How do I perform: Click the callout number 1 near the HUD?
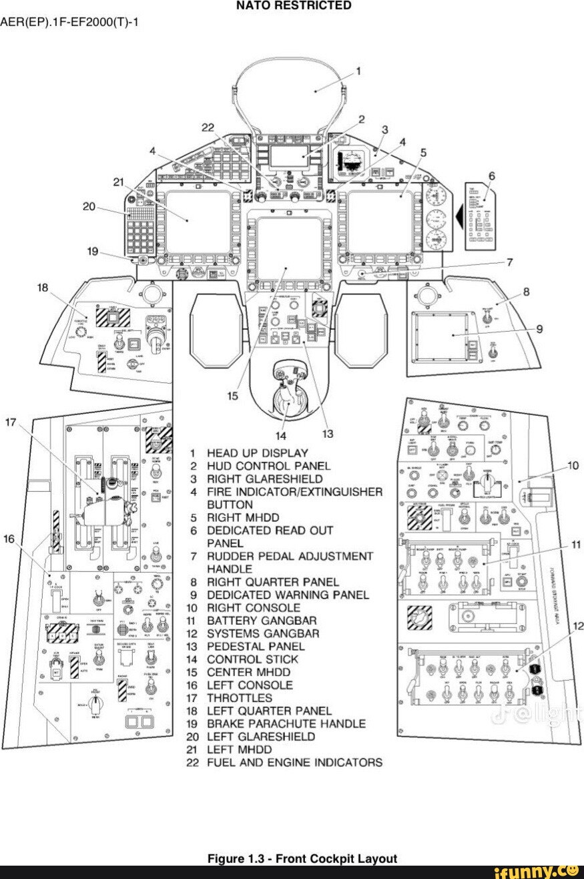pyautogui.click(x=358, y=71)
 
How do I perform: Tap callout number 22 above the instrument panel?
pyautogui.click(x=209, y=127)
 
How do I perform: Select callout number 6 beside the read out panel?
pyautogui.click(x=492, y=176)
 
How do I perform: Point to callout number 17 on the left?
pyautogui.click(x=10, y=422)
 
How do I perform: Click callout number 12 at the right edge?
pyautogui.click(x=578, y=626)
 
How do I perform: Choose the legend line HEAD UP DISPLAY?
pyautogui.click(x=257, y=453)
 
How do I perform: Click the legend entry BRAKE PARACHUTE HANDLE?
pyautogui.click(x=286, y=723)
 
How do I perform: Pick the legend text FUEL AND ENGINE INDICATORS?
pyautogui.click(x=294, y=762)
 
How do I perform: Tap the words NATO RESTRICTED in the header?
pyautogui.click(x=294, y=6)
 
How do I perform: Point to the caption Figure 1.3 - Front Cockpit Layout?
pyautogui.click(x=302, y=858)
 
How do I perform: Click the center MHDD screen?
pyautogui.click(x=289, y=248)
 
